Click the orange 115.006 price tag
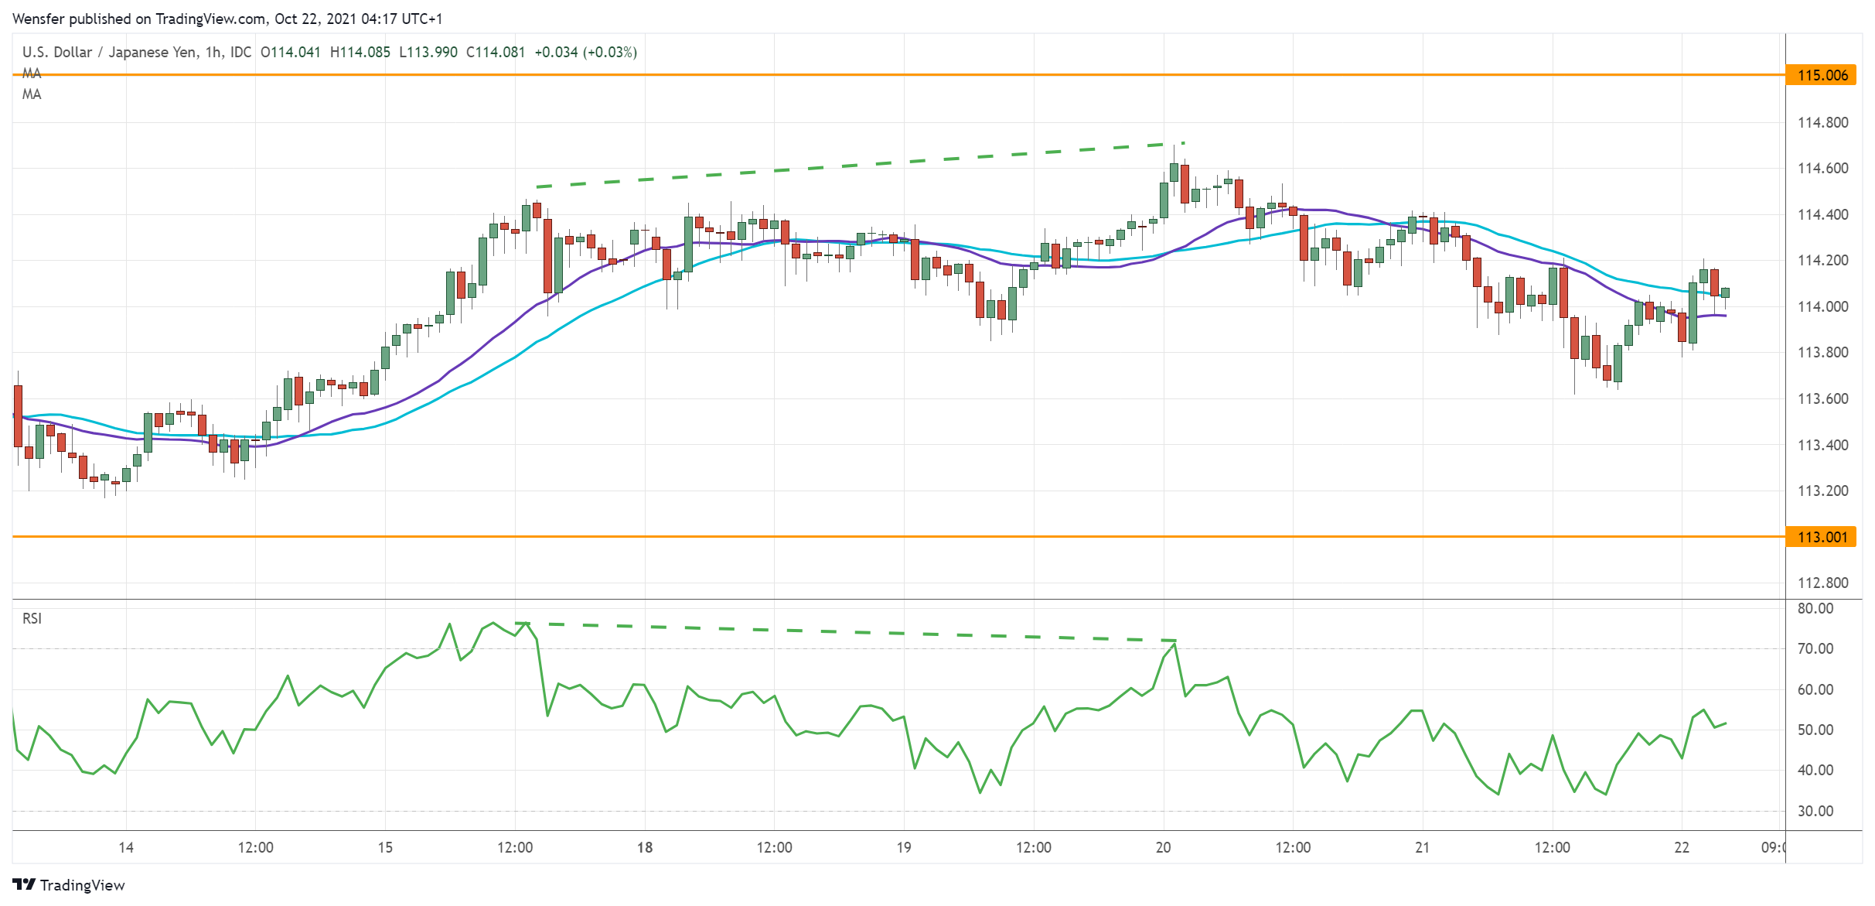1821,75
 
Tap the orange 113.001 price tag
1821,537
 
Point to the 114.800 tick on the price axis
1821,122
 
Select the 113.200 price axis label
1821,491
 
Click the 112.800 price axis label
1821,583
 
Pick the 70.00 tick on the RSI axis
1815,648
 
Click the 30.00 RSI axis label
1815,811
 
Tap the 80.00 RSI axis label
1815,608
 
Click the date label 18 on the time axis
644,847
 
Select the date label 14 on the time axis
126,847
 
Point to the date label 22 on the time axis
1682,847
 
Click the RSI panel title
32,618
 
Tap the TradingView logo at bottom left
69,885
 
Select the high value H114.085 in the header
360,52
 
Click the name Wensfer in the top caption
39,19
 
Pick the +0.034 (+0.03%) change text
585,52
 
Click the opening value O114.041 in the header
290,52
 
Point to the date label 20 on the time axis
1163,847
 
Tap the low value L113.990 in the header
428,52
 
